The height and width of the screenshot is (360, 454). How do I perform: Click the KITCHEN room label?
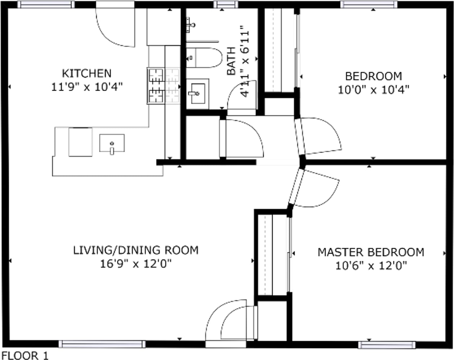coord(87,73)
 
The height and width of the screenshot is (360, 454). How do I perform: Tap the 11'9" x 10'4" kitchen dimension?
coord(87,87)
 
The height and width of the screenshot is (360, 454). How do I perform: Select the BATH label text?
coord(231,61)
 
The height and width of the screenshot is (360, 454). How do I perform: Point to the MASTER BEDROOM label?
coord(371,252)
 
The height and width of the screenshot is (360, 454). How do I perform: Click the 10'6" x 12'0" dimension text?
coord(371,266)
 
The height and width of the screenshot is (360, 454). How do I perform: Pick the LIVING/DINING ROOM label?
coord(136,250)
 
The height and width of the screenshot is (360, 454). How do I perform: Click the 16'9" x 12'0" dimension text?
coord(136,263)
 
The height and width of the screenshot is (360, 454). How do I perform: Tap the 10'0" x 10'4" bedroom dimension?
coord(373,90)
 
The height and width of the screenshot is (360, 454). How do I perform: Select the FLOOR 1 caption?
coord(25,356)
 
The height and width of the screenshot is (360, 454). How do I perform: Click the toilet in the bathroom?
coord(204,57)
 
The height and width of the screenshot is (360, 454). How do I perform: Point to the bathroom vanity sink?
coord(198,94)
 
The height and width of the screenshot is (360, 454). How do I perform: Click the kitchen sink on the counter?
coord(112,143)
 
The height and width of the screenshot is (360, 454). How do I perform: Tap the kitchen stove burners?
coord(156,86)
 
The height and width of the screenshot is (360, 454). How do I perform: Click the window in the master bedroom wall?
coord(387,345)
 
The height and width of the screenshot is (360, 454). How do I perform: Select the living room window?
coord(102,344)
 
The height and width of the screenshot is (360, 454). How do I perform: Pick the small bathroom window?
coord(226,4)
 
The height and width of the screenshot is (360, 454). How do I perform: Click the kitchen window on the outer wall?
coord(46,4)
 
